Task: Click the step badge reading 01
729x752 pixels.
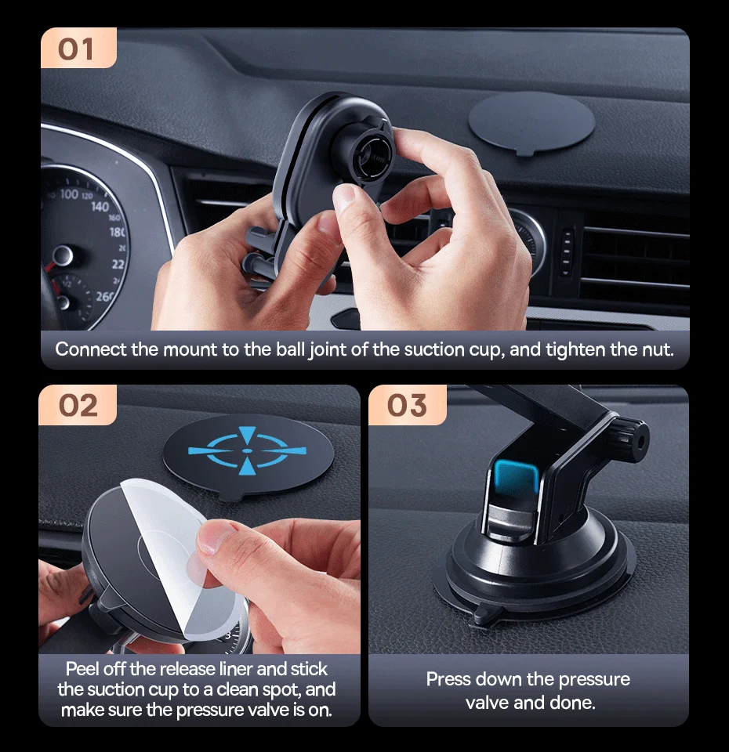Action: (78, 48)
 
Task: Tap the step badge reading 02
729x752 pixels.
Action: (78, 405)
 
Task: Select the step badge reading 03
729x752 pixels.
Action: (408, 405)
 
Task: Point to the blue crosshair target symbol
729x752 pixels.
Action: (247, 451)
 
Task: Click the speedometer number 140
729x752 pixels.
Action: (100, 207)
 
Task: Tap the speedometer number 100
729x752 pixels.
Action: (69, 193)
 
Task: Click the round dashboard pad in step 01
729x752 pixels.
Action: (531, 124)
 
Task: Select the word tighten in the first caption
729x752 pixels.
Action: (575, 349)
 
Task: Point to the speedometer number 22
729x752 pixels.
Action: (118, 264)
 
